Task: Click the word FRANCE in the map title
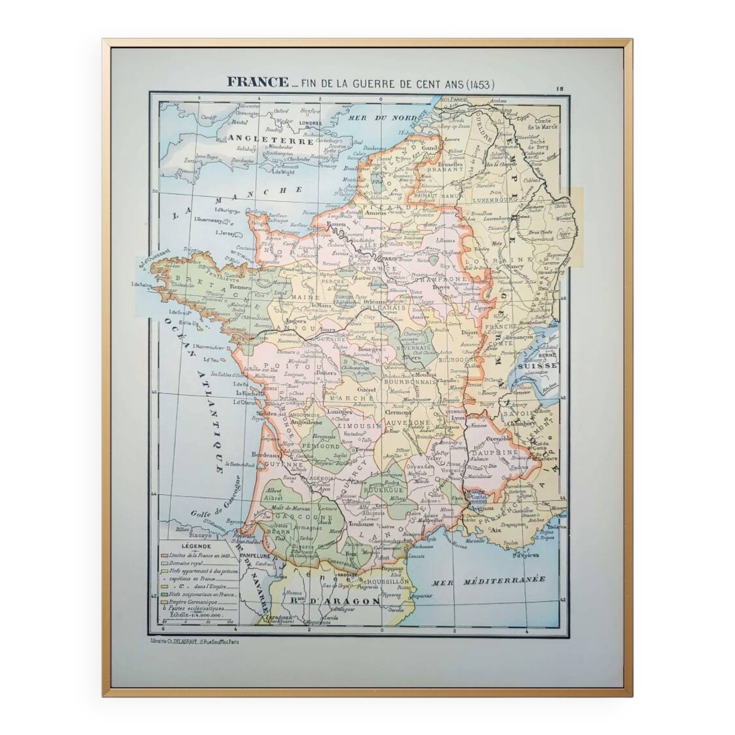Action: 258,82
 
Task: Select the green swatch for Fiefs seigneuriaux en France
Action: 164,594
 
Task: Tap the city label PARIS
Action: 390,259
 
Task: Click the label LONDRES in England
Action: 310,123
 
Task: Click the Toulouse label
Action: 361,524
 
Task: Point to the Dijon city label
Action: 469,332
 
